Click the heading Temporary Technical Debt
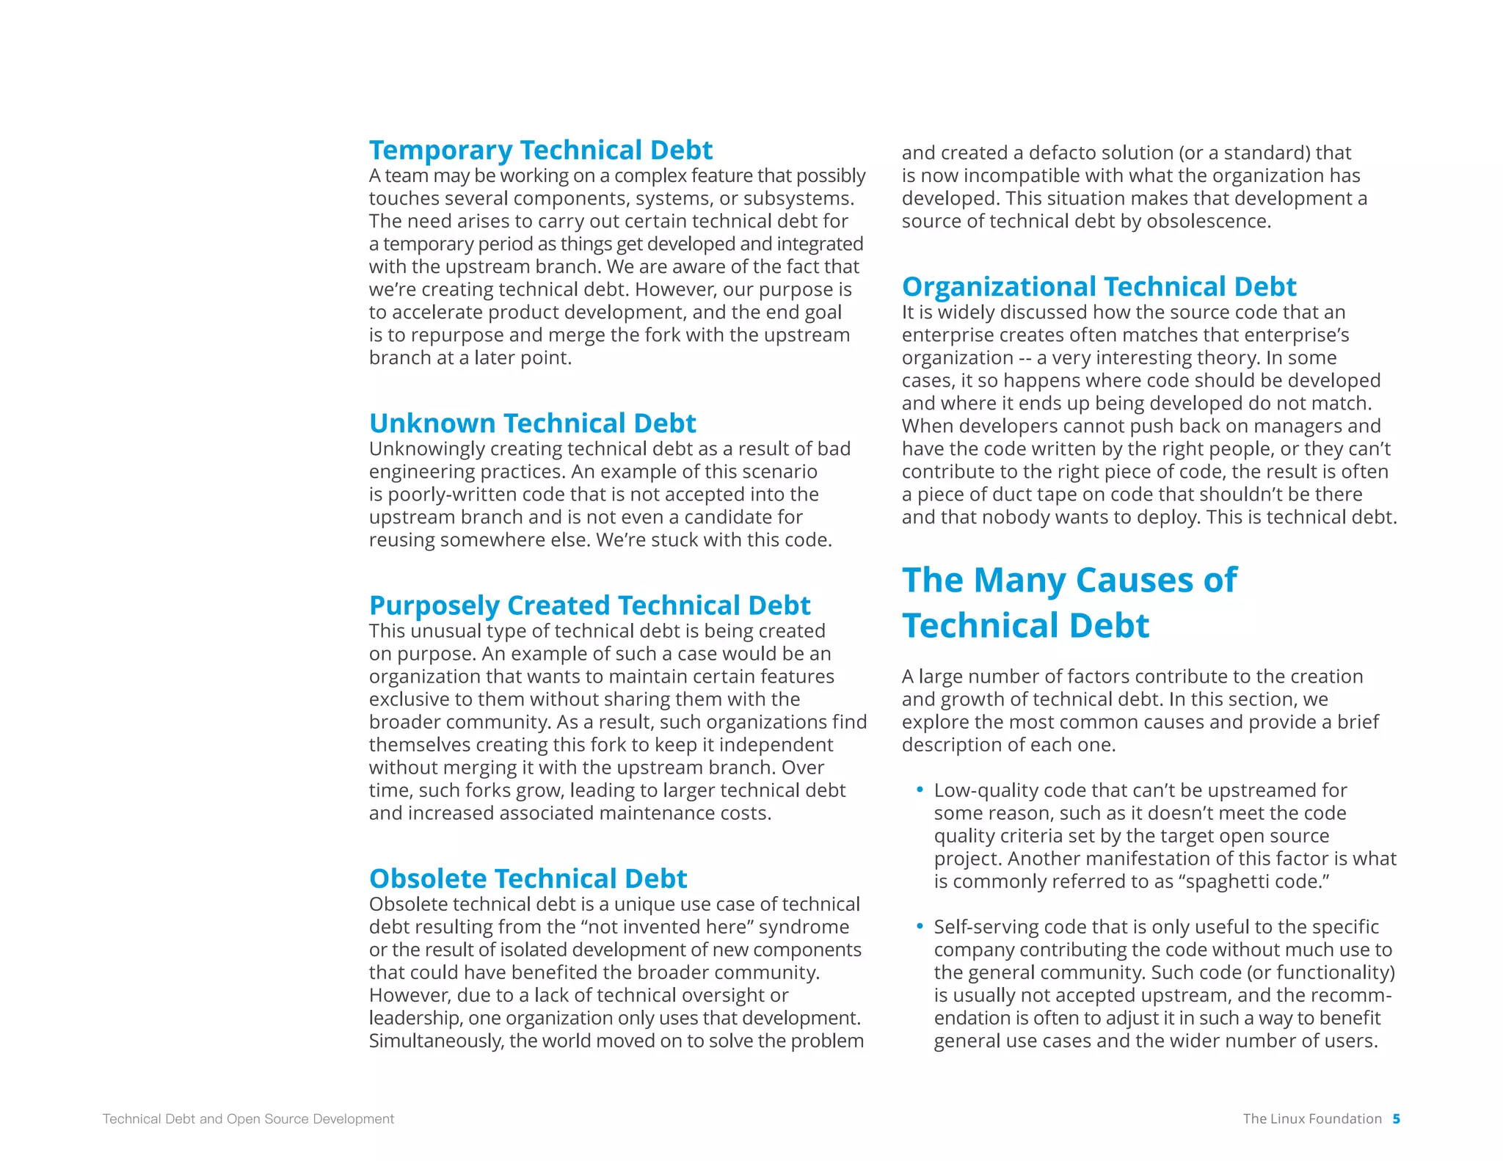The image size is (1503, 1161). point(540,150)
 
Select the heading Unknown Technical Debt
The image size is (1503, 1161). point(532,423)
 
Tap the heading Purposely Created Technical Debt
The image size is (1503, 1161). point(589,605)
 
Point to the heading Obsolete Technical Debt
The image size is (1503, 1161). point(528,878)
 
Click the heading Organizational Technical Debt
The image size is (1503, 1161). point(1099,286)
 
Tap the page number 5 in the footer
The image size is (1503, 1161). point(1396,1118)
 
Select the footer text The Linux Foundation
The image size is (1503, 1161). point(1311,1118)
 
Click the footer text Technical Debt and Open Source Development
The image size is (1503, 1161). point(248,1118)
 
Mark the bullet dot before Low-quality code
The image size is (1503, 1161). point(920,790)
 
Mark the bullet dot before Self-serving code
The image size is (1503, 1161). point(920,926)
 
